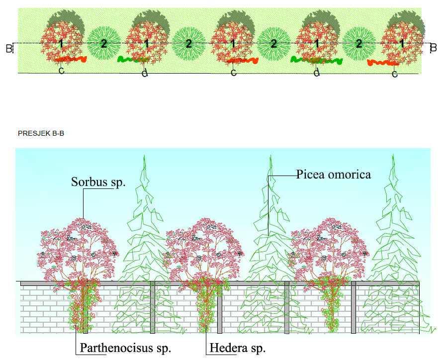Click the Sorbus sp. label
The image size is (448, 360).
tap(98, 182)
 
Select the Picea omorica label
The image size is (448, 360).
tap(334, 175)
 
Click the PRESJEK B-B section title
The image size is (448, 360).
tap(41, 133)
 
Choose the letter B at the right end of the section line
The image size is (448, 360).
tap(433, 48)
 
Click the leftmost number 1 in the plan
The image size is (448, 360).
tap(61, 44)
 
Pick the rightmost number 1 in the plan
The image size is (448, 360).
tap(402, 44)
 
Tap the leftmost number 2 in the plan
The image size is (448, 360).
tap(103, 44)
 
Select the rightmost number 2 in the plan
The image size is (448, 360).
tap(359, 44)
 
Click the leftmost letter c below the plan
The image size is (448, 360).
tap(61, 72)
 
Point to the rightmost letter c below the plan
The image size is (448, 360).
tap(395, 75)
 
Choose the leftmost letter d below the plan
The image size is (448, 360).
tap(145, 74)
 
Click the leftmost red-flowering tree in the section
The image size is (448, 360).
tap(78, 249)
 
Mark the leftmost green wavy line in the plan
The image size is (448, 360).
tap(131, 60)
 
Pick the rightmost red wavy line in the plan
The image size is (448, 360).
tap(383, 63)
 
